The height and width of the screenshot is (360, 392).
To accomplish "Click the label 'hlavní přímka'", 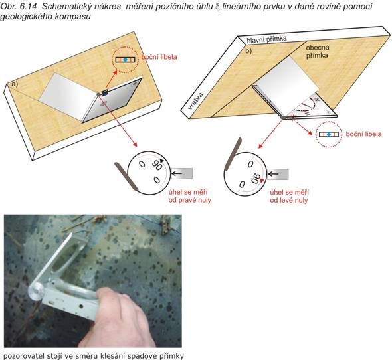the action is point(266,39).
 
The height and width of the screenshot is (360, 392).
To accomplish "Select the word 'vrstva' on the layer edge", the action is point(196,101).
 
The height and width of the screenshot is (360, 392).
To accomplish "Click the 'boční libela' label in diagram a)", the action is point(159,57).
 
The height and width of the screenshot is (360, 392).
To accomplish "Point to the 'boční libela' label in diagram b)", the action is point(363,134).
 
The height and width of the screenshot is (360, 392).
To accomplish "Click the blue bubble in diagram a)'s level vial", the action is point(126,60).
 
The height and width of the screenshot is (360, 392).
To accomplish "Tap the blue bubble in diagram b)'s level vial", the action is point(329,134).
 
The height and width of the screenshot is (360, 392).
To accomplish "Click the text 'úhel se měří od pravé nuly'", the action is point(189,196).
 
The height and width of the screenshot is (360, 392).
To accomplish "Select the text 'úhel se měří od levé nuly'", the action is point(289,196).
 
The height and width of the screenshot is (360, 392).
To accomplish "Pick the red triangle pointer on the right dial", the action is point(262,181).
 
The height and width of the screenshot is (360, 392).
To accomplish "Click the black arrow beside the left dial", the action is point(177,173).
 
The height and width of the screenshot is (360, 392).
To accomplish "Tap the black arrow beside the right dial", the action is point(274,174).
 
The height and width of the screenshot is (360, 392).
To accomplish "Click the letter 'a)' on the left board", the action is point(15,84).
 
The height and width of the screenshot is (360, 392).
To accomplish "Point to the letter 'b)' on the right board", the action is point(248,51).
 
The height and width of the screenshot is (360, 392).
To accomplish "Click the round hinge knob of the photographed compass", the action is point(35,291).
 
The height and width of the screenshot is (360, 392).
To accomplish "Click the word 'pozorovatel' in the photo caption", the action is point(21,356).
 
